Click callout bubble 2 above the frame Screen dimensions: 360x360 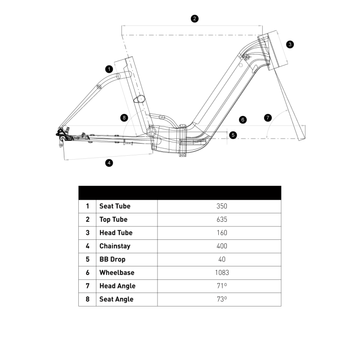[194, 18]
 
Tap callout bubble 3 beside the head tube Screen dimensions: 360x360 [290, 44]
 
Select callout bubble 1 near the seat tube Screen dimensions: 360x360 [108, 69]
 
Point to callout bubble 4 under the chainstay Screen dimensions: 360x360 [108, 163]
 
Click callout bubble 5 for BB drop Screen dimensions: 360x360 [232, 135]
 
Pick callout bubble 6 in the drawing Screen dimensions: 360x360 [243, 120]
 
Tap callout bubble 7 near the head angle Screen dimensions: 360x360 [268, 118]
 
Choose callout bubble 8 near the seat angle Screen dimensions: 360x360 [125, 118]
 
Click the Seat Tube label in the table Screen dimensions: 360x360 [115, 206]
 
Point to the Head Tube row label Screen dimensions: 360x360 [116, 233]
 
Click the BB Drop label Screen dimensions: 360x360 [112, 259]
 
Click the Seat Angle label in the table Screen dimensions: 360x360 [116, 299]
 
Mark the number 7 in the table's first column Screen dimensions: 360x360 [87, 286]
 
